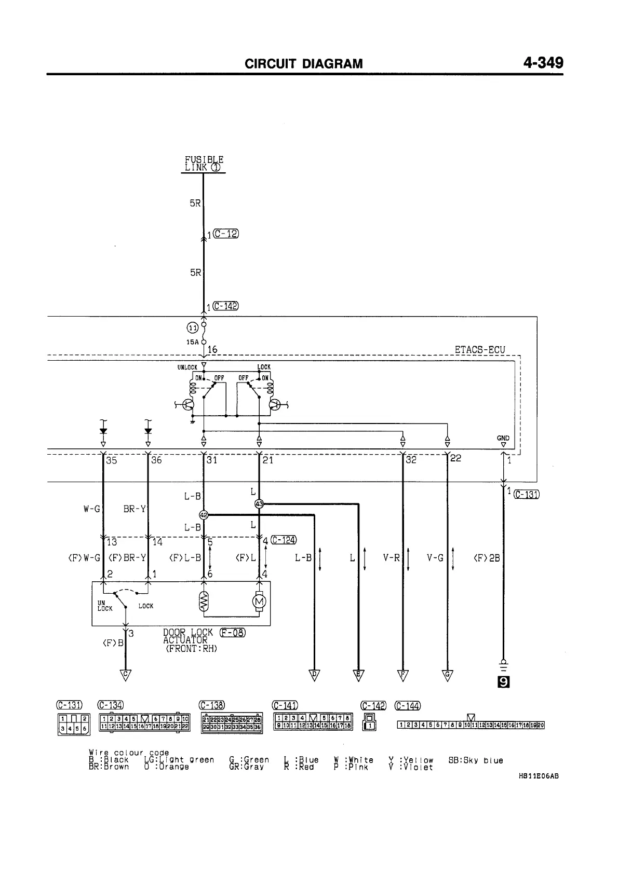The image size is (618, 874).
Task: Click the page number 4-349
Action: [x=543, y=63]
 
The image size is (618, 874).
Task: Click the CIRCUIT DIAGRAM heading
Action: [x=304, y=64]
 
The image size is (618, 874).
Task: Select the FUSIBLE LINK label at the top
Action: [x=204, y=163]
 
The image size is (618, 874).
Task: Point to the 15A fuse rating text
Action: [x=192, y=342]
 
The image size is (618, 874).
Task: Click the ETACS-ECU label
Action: [x=479, y=350]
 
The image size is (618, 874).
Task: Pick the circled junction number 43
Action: [x=260, y=504]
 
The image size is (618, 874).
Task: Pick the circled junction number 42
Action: [x=204, y=515]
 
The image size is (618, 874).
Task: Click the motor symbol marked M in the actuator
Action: [x=259, y=602]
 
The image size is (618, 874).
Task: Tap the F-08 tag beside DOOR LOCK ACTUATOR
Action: [x=232, y=632]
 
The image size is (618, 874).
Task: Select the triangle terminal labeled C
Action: [x=125, y=675]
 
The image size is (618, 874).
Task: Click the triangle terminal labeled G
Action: [x=447, y=675]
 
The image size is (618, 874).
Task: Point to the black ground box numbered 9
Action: [x=503, y=682]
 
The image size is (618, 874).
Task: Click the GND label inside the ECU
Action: [x=503, y=438]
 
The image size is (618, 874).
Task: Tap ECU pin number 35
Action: [x=111, y=460]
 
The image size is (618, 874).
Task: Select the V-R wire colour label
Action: [x=392, y=558]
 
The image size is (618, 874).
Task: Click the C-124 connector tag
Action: [x=284, y=540]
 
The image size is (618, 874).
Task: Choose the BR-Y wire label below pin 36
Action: [x=135, y=509]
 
